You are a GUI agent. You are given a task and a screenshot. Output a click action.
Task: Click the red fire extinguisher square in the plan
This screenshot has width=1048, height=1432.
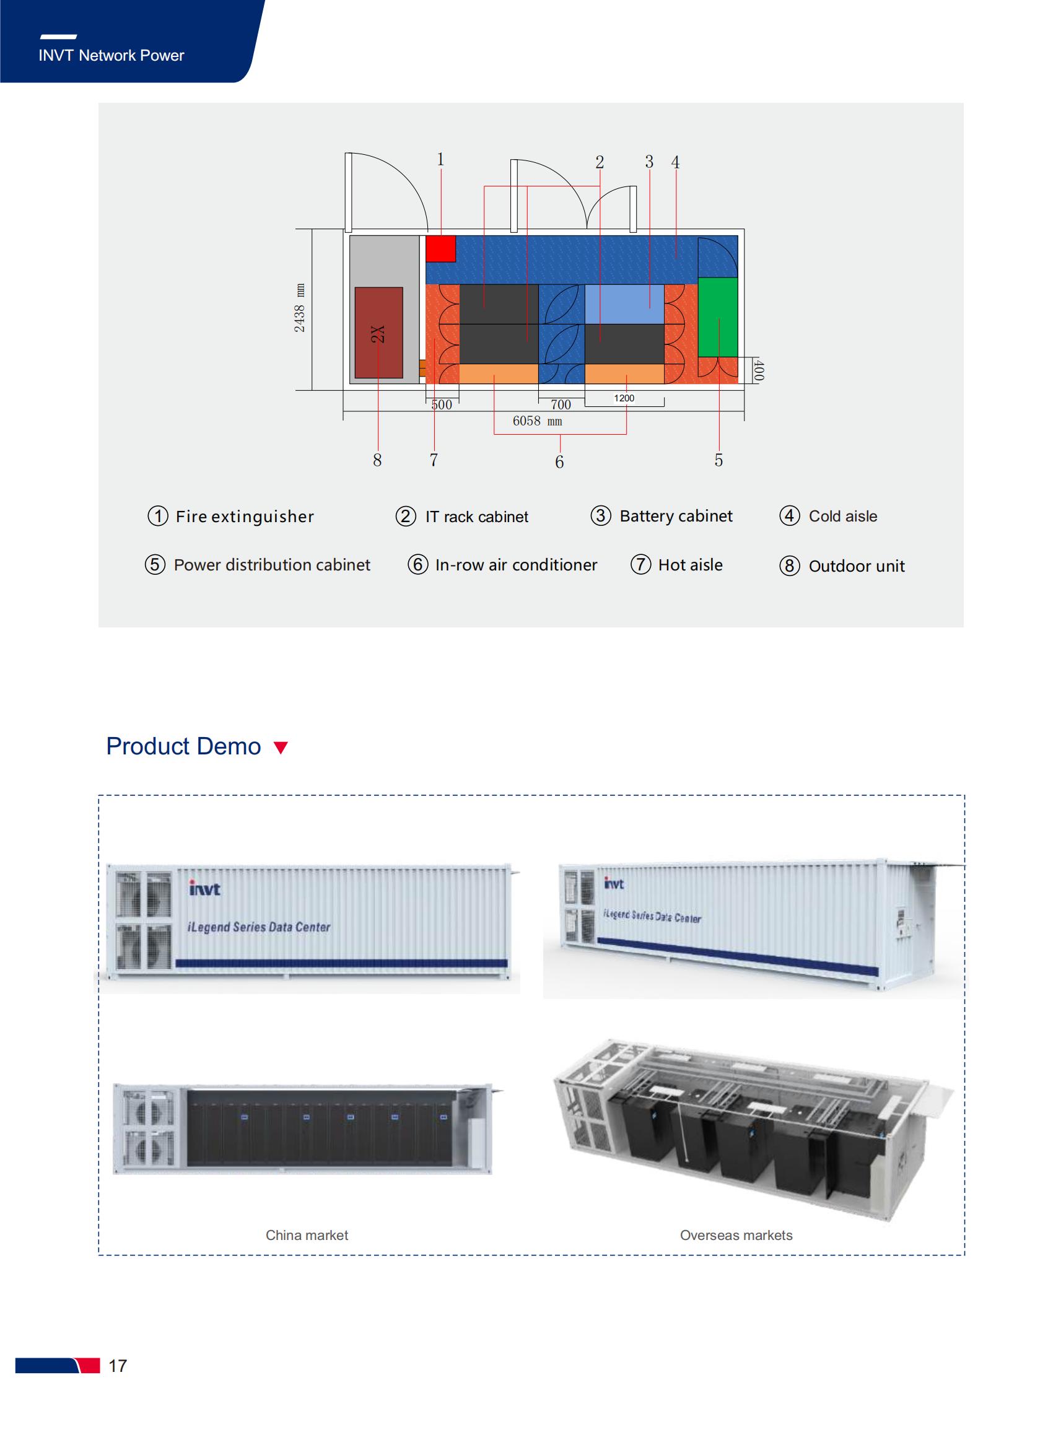point(440,248)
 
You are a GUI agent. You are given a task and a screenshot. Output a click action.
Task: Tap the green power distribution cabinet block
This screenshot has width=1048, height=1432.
point(718,317)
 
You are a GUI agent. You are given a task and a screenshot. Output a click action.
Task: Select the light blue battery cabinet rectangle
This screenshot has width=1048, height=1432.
point(624,304)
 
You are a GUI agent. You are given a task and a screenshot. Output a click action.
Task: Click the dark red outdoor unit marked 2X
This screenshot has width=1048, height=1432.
point(378,333)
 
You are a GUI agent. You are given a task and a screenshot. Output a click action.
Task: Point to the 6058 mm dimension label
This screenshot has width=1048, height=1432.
point(538,421)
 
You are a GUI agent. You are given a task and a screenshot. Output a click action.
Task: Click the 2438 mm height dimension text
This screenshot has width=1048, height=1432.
point(299,308)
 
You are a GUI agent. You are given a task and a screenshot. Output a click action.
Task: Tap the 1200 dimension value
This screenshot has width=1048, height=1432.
point(624,398)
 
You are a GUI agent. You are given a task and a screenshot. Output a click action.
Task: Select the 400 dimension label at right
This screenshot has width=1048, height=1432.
point(759,370)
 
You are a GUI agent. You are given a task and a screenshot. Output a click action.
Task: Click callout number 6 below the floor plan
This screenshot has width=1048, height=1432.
point(559,462)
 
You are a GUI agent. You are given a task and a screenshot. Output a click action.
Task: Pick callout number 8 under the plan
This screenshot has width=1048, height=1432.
point(377,460)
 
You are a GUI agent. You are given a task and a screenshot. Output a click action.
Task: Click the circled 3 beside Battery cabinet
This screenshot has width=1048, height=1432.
point(601,515)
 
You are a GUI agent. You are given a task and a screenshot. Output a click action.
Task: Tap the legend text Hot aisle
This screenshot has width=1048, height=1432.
point(690,565)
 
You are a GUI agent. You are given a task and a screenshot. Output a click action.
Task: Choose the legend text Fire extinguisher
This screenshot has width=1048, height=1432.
point(245,517)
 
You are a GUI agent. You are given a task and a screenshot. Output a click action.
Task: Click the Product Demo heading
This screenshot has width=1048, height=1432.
point(183,746)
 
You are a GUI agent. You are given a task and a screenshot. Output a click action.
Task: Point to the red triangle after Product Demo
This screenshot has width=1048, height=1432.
point(281,748)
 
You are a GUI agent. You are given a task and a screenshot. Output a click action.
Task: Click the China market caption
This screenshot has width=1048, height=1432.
point(307,1236)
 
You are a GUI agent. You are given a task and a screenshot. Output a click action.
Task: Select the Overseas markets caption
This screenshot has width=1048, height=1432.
point(736,1236)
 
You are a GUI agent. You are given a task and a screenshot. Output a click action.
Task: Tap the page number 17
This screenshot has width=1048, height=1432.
point(117,1365)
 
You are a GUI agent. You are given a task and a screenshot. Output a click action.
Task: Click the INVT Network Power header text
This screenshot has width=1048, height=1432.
point(111,56)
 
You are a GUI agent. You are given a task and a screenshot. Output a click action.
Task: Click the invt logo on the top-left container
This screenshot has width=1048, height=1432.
point(205,889)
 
